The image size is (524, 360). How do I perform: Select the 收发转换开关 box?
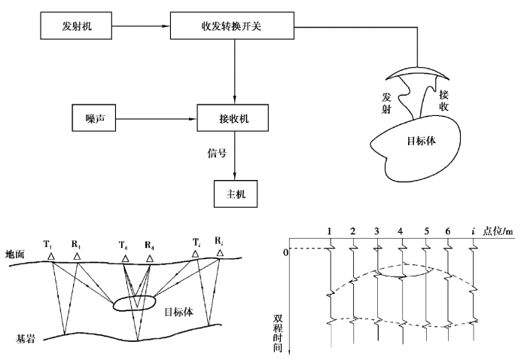point(233,29)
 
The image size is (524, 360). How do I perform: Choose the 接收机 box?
point(233,120)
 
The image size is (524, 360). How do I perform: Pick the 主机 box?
point(234,193)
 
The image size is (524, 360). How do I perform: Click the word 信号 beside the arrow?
point(218,151)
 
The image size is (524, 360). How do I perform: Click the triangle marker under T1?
point(51,257)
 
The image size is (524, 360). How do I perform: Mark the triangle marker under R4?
point(150,258)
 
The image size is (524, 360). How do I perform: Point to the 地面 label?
point(16,255)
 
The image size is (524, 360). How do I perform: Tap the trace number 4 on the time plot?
point(401,230)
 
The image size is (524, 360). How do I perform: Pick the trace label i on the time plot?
point(473,230)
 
